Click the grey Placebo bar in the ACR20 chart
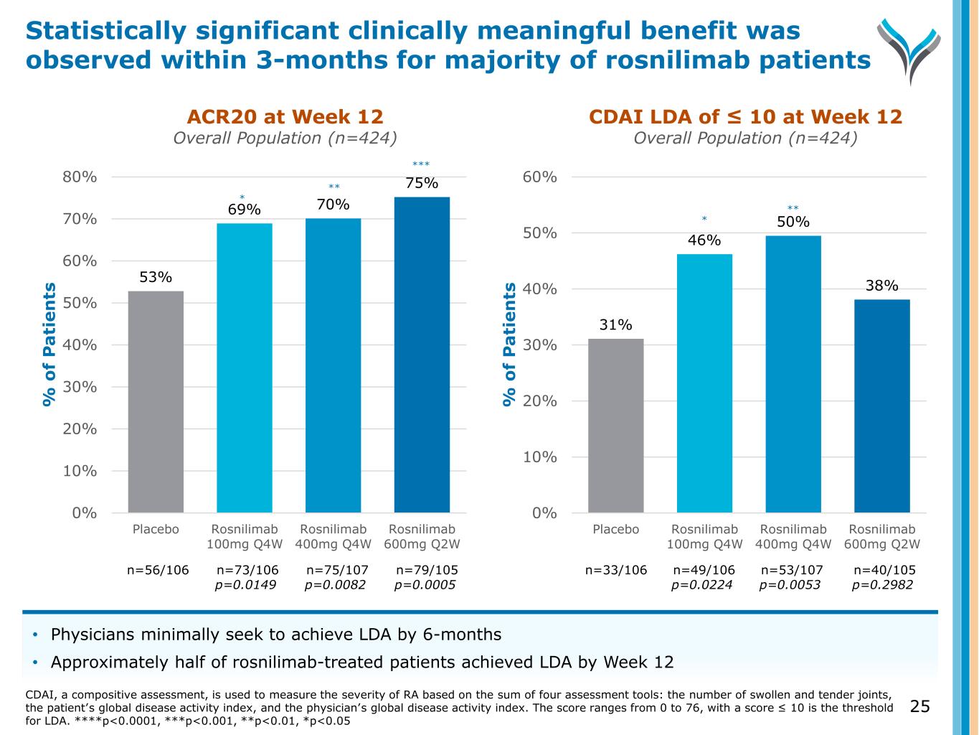point(156,401)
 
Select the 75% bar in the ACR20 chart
point(422,355)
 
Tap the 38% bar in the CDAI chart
point(881,406)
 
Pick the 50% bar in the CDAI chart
point(793,374)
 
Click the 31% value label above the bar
point(616,325)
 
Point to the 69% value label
point(245,210)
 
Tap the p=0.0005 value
point(425,585)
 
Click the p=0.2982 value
point(882,585)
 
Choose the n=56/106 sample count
point(158,570)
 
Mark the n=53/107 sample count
point(792,570)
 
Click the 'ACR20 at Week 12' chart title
point(285,117)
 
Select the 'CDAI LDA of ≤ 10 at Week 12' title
point(745,117)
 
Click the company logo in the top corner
point(908,49)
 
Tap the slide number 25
point(919,707)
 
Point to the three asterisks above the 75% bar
point(421,165)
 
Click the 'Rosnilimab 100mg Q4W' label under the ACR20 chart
point(245,536)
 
